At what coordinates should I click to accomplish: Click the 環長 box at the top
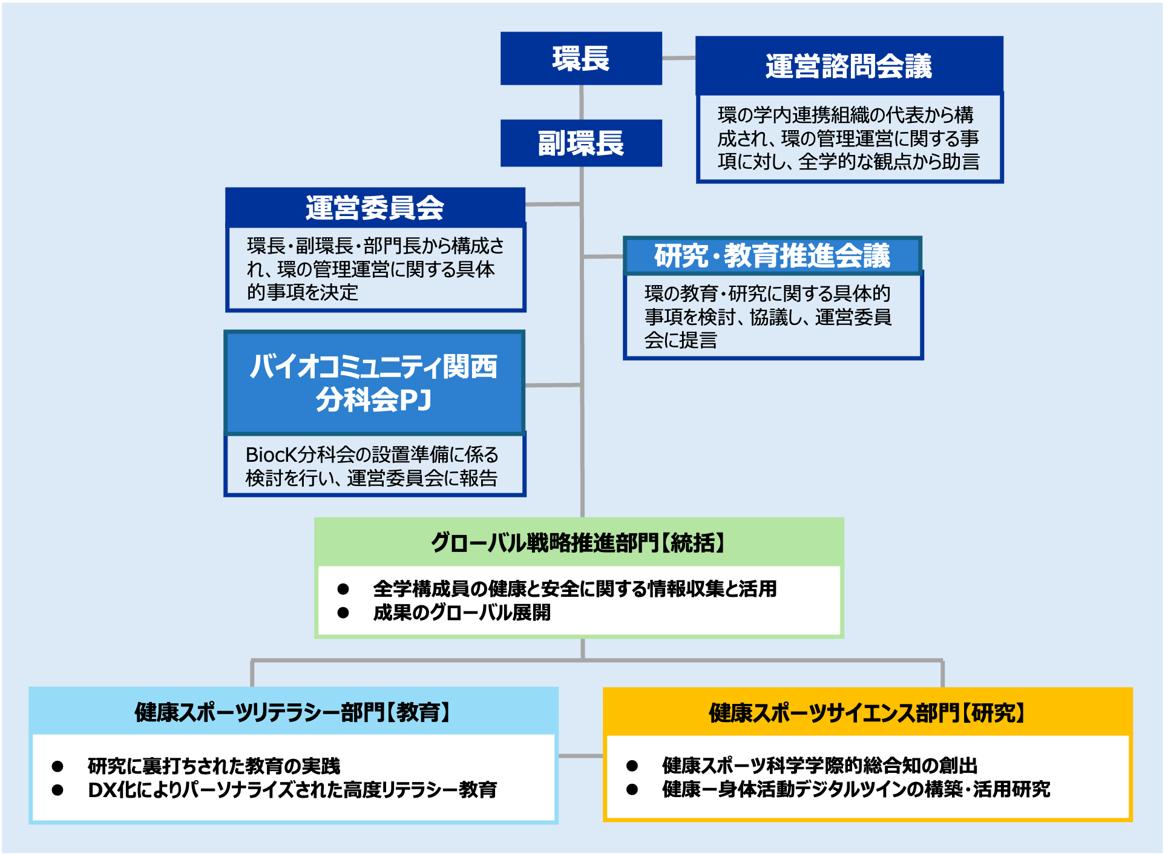pos(581,59)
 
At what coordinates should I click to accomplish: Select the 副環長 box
pos(581,143)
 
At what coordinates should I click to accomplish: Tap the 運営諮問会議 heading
pos(848,66)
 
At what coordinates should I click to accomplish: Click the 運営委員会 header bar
pos(375,208)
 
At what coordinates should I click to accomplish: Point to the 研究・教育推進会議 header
pos(772,255)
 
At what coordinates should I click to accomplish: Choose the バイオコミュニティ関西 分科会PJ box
pos(374,383)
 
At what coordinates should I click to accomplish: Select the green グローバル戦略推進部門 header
pos(579,542)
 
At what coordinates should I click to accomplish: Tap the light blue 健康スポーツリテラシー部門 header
pos(293,712)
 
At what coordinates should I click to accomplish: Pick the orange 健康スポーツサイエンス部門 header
pos(867,712)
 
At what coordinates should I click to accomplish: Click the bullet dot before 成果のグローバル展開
pos(343,613)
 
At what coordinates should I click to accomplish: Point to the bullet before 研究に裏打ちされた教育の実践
pos(57,766)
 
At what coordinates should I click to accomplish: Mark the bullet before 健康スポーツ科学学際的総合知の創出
pos(632,766)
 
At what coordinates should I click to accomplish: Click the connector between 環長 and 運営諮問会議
pos(678,58)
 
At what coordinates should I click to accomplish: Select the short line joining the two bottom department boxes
pos(580,756)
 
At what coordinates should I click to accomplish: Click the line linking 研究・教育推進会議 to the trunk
pos(603,257)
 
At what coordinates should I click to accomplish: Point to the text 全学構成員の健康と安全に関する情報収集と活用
pos(575,588)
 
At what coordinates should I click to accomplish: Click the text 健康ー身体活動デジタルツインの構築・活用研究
pos(856,789)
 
